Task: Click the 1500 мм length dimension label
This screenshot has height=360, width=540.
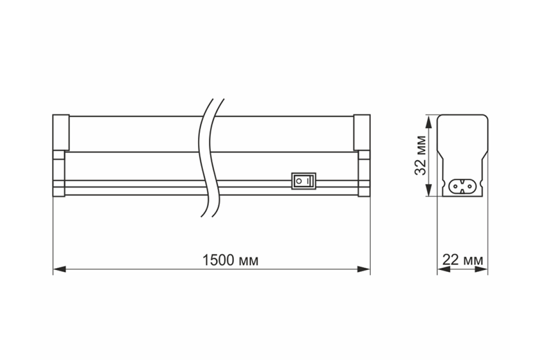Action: tap(230, 261)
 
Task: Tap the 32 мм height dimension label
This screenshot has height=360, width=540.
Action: tap(420, 156)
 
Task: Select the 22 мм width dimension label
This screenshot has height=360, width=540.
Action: tap(463, 260)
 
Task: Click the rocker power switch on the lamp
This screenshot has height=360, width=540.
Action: tap(304, 181)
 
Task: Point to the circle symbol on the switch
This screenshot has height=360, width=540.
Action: tap(299, 181)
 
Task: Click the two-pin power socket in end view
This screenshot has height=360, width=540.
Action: tap(463, 186)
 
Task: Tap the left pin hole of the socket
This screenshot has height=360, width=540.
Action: tap(455, 186)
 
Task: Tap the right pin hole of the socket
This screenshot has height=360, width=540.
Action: tap(470, 186)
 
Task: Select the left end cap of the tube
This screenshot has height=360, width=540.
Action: tap(61, 132)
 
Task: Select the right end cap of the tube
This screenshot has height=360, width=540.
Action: tap(362, 132)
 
